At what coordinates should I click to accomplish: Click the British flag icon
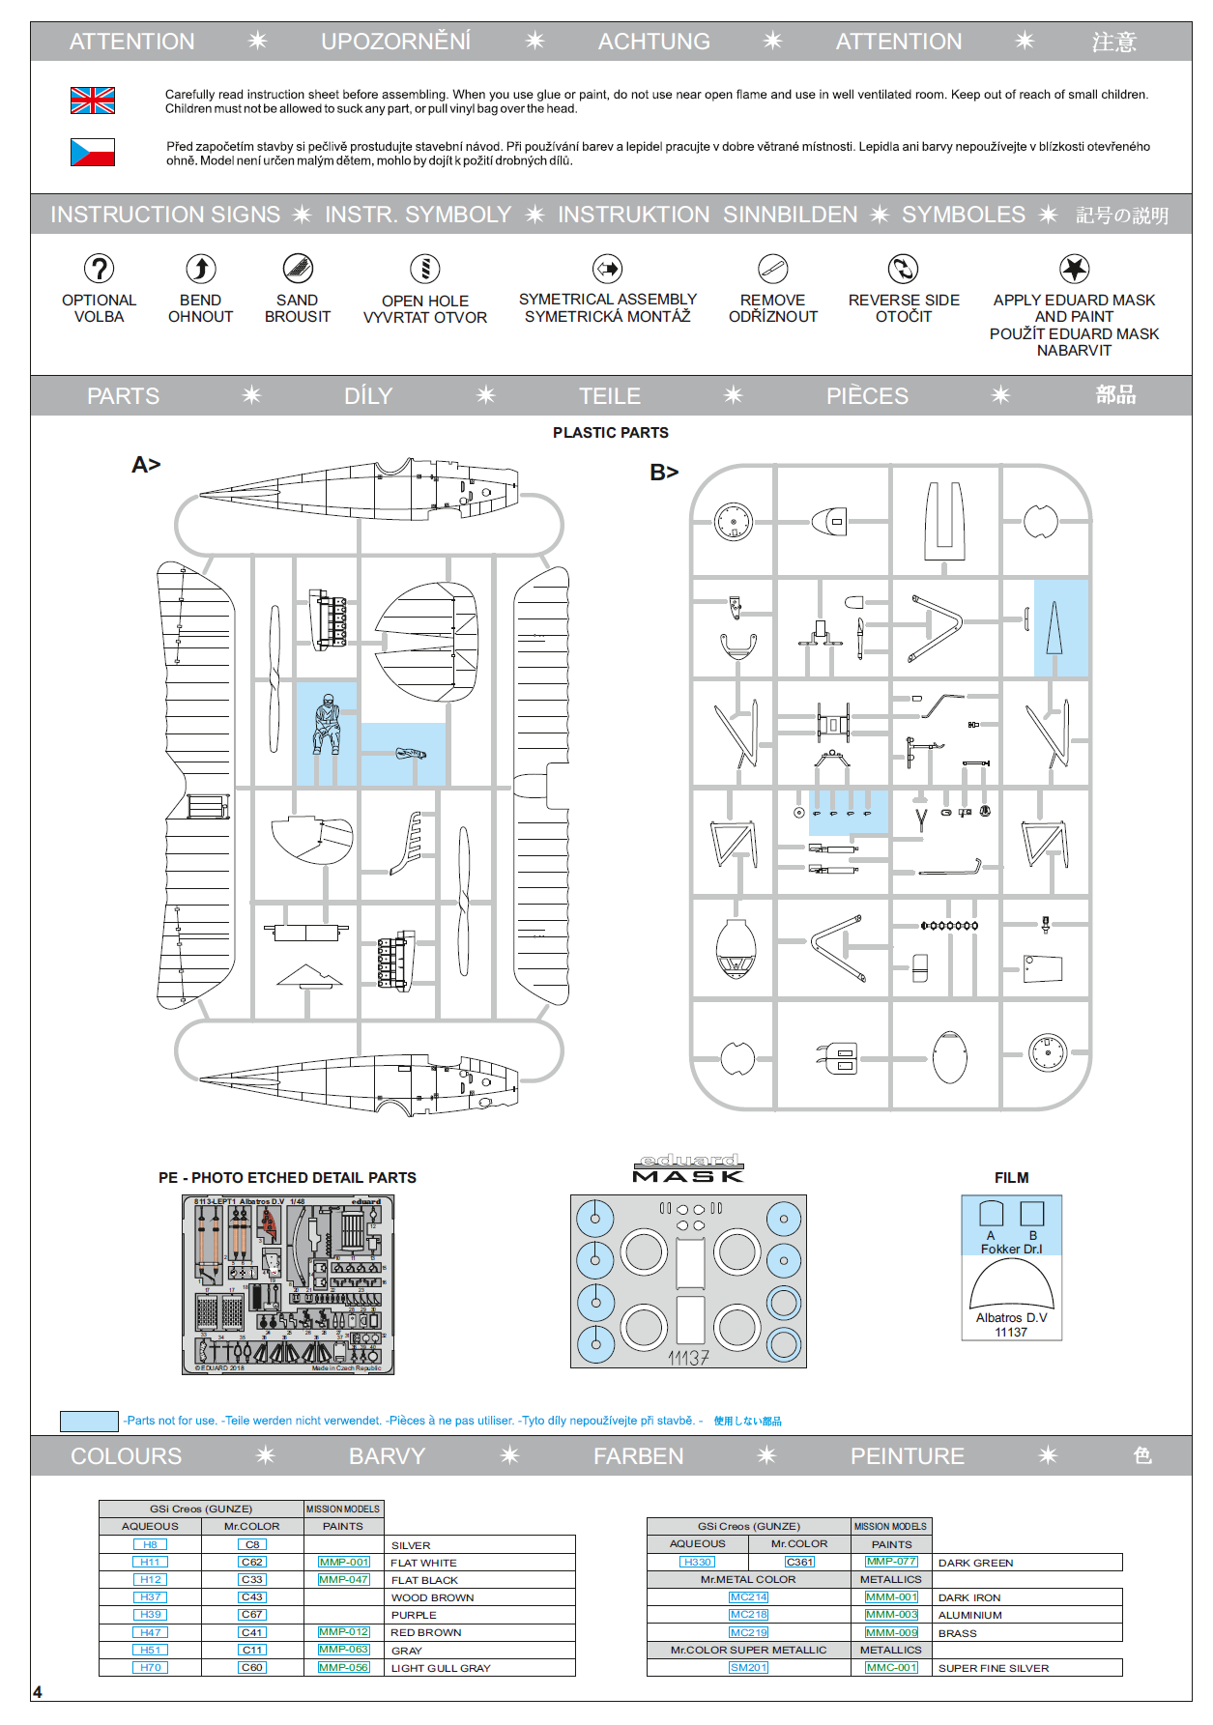(93, 101)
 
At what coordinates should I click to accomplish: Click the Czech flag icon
(93, 153)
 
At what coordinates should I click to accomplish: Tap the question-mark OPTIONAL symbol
(99, 269)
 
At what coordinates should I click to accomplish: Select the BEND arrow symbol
(200, 269)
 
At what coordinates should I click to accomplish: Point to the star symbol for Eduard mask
(1074, 269)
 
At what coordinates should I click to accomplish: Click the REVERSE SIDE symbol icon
(903, 269)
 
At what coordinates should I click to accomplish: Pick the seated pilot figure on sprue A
(327, 725)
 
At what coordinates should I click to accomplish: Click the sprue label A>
(146, 465)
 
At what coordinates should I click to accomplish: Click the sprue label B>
(664, 473)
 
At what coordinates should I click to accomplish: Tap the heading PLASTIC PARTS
(610, 433)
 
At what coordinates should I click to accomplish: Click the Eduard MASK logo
(688, 1168)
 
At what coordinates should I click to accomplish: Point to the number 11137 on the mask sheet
(688, 1358)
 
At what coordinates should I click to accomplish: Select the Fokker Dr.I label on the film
(1011, 1249)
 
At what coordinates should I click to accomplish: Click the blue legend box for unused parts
(89, 1421)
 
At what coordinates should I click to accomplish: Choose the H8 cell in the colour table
(150, 1544)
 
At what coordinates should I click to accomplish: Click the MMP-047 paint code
(344, 1579)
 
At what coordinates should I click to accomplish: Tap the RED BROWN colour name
(426, 1632)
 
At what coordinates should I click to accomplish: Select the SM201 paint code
(748, 1667)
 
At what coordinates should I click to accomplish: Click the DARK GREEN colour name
(975, 1563)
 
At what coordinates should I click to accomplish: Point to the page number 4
(38, 1692)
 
